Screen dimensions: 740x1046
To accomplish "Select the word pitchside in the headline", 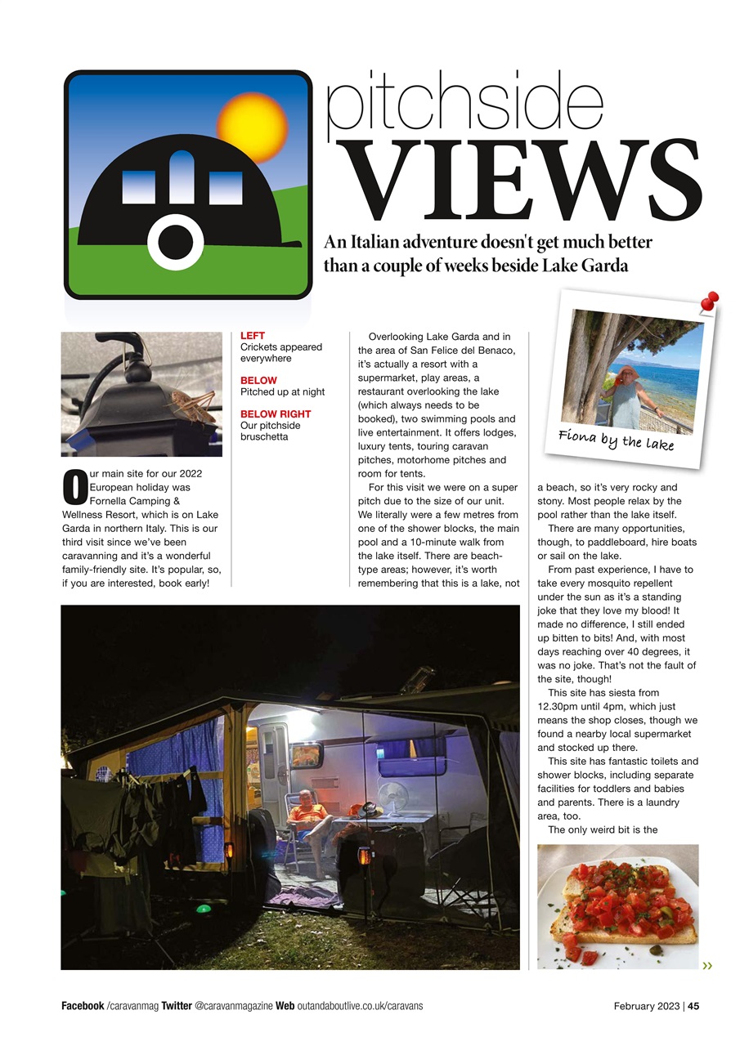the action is click(464, 105).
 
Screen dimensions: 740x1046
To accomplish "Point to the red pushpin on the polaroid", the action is click(709, 302).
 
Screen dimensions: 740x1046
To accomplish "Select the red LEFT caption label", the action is click(253, 336).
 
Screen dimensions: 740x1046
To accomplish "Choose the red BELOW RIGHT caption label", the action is click(276, 414).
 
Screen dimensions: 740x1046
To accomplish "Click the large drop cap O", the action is click(74, 486).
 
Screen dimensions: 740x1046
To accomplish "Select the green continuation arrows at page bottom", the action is click(706, 966).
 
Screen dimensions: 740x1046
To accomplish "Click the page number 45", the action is click(693, 1006).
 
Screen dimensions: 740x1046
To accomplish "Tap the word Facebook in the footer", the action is click(83, 1006).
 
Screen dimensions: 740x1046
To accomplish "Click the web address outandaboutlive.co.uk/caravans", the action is click(360, 1006).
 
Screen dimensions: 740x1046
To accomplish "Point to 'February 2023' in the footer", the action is click(646, 1006).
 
